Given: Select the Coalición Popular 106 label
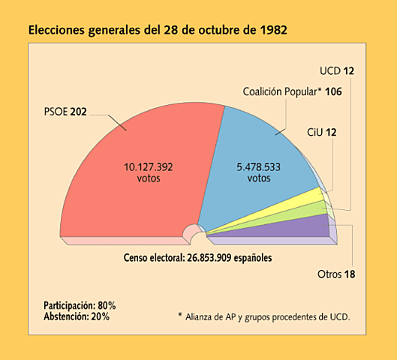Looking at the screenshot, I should [292, 91].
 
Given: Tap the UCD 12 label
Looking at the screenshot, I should [335, 72].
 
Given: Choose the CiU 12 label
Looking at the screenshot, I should [321, 133].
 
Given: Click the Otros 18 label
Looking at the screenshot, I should [335, 274].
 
